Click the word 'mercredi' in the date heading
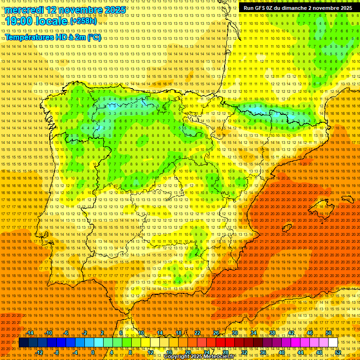tap(25, 10)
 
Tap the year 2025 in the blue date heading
tap(115, 10)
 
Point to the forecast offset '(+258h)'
tap(83, 21)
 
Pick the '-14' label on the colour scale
tap(30, 333)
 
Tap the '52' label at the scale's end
tap(337, 352)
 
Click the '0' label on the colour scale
tap(92, 352)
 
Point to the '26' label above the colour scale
tap(216, 333)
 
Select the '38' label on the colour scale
tap(272, 333)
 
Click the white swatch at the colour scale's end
tap(333, 343)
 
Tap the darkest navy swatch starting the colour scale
tap(23, 343)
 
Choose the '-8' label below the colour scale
tap(57, 352)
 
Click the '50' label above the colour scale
tap(329, 333)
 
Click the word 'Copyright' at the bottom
tap(179, 357)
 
